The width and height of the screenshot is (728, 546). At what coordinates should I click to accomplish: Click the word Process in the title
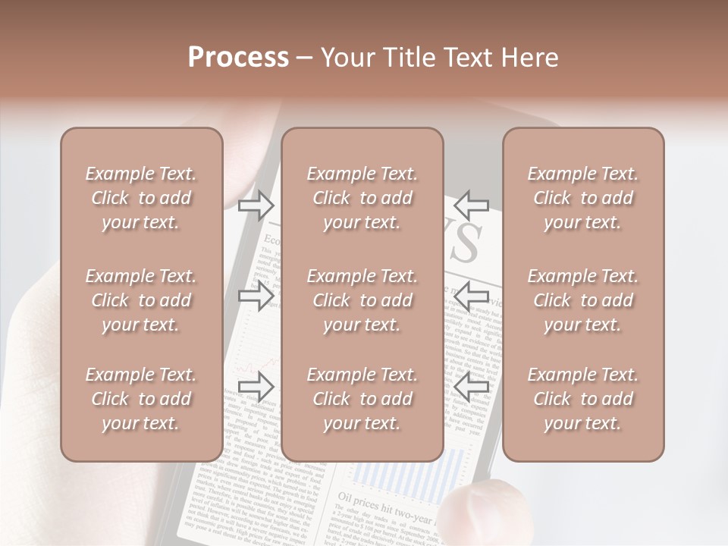(238, 58)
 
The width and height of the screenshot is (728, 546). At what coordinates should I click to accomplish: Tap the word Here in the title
(529, 58)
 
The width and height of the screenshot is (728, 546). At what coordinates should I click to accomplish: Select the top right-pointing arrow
(256, 205)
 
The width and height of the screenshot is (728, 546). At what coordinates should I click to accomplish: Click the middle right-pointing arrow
(256, 295)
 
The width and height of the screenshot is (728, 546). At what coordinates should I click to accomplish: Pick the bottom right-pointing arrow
(256, 387)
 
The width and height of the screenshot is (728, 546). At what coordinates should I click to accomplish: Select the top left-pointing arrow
(472, 205)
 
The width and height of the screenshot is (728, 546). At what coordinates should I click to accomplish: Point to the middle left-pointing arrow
(472, 295)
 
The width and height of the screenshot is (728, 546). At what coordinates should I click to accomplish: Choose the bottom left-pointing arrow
(472, 387)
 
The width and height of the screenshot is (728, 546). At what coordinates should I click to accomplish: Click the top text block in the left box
(141, 198)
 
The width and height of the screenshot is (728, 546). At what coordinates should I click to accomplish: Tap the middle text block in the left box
(141, 300)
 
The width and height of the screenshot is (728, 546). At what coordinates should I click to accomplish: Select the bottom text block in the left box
(141, 399)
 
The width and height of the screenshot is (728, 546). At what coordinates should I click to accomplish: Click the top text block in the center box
(362, 198)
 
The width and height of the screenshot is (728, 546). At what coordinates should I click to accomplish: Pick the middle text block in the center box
(362, 300)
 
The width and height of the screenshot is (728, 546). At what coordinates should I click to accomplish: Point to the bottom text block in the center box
(362, 399)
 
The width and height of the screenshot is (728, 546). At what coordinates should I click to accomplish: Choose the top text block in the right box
(583, 198)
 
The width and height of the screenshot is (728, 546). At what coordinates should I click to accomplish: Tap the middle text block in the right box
(583, 300)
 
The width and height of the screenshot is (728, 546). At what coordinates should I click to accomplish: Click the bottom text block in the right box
(583, 399)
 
